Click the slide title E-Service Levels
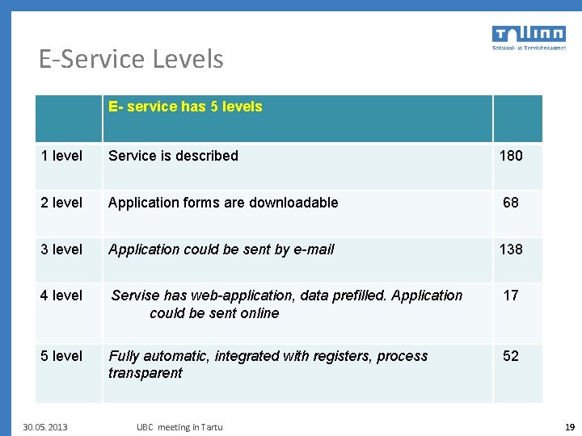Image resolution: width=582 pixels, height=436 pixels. click(131, 59)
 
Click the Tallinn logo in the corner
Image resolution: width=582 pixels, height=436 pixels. click(529, 37)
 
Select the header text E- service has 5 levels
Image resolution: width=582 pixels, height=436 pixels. click(185, 107)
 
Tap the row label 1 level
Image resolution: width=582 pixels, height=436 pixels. click(61, 156)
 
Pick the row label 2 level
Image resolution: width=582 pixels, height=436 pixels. click(61, 203)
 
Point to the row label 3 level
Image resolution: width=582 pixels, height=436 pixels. click(61, 249)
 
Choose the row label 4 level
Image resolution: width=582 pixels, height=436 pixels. click(61, 296)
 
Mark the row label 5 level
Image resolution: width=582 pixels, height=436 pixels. click(61, 356)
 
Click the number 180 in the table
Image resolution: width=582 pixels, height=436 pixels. click(511, 156)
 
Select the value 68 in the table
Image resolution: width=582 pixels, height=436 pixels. click(511, 203)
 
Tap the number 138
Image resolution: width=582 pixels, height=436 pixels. click(511, 249)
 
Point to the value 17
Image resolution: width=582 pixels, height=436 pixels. click(511, 296)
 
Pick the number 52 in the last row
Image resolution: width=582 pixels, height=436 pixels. click(511, 356)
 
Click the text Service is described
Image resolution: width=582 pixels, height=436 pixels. click(173, 156)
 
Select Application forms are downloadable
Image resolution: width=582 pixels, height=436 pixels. click(223, 203)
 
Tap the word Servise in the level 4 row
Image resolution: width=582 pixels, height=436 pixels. click(136, 296)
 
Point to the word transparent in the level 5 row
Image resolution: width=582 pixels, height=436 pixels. click(145, 373)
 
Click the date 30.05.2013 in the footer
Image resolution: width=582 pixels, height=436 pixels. click(45, 427)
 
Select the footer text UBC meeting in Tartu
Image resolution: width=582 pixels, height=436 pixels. click(179, 427)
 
